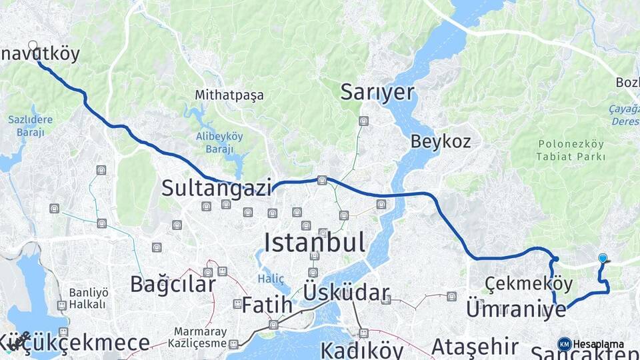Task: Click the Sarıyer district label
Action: [x=377, y=92]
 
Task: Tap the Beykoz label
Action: [x=441, y=141]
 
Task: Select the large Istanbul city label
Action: [x=315, y=243]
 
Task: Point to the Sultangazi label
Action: [x=217, y=188]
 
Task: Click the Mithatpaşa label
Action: [x=229, y=95]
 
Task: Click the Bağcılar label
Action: [x=173, y=284]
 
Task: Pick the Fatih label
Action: [x=267, y=305]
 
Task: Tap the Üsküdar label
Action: [x=346, y=293]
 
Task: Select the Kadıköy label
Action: [x=361, y=350]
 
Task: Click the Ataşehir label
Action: [x=475, y=347]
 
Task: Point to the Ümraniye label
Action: [x=516, y=309]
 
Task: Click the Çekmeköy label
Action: [x=529, y=284]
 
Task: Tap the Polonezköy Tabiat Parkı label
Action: [x=571, y=150]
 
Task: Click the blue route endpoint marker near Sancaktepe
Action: [x=603, y=258]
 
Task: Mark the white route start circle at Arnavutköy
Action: [x=33, y=45]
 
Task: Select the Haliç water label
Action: [x=272, y=279]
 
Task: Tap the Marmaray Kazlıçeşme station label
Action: [x=199, y=337]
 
